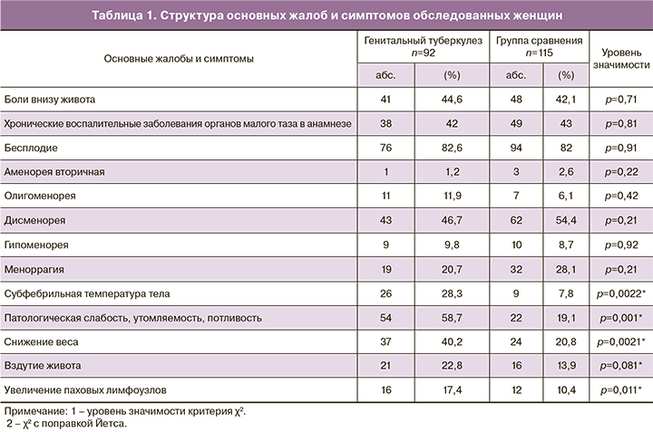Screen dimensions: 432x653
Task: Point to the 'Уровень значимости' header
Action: click(x=620, y=59)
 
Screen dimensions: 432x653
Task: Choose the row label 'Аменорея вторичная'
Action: click(x=54, y=171)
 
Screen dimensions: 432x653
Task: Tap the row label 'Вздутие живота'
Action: click(x=43, y=367)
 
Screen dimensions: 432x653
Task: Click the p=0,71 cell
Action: click(x=620, y=98)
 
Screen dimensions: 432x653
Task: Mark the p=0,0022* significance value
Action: click(x=620, y=293)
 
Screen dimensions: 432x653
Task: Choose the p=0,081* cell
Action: click(x=620, y=367)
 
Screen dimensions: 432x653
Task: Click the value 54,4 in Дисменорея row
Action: click(x=567, y=220)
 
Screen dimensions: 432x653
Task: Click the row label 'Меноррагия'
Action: click(x=36, y=269)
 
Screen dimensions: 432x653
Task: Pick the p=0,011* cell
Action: click(x=620, y=391)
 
